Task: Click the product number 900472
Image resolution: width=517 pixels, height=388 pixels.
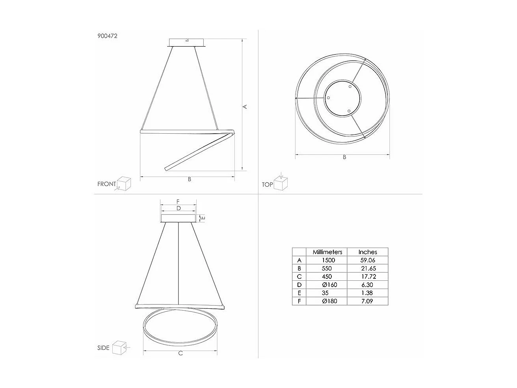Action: [107, 36]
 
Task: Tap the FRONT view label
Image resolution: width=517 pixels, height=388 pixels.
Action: [106, 184]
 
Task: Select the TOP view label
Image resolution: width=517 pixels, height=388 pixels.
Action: [267, 184]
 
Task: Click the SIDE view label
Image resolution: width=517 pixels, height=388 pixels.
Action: [103, 348]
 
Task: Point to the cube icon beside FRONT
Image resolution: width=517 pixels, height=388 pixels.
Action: [124, 183]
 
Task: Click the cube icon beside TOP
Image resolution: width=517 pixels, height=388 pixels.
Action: [281, 183]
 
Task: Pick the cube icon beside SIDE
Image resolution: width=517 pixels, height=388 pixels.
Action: [119, 348]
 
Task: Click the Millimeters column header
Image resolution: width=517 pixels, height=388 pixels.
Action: [327, 252]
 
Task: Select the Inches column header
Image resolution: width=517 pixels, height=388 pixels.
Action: [367, 252]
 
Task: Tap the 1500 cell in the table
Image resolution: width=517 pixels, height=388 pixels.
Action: [327, 260]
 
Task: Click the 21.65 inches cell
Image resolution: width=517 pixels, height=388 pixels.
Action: [367, 269]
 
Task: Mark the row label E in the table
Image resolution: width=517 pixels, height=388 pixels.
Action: [299, 293]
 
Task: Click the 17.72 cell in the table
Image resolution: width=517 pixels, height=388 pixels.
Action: [367, 277]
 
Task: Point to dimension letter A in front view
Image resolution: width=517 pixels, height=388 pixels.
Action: [245, 106]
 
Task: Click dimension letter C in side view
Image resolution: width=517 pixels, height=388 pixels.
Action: [180, 353]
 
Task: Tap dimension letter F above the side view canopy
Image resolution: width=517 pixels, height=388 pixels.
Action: [178, 201]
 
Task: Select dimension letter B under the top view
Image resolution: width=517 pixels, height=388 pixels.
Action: [344, 157]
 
